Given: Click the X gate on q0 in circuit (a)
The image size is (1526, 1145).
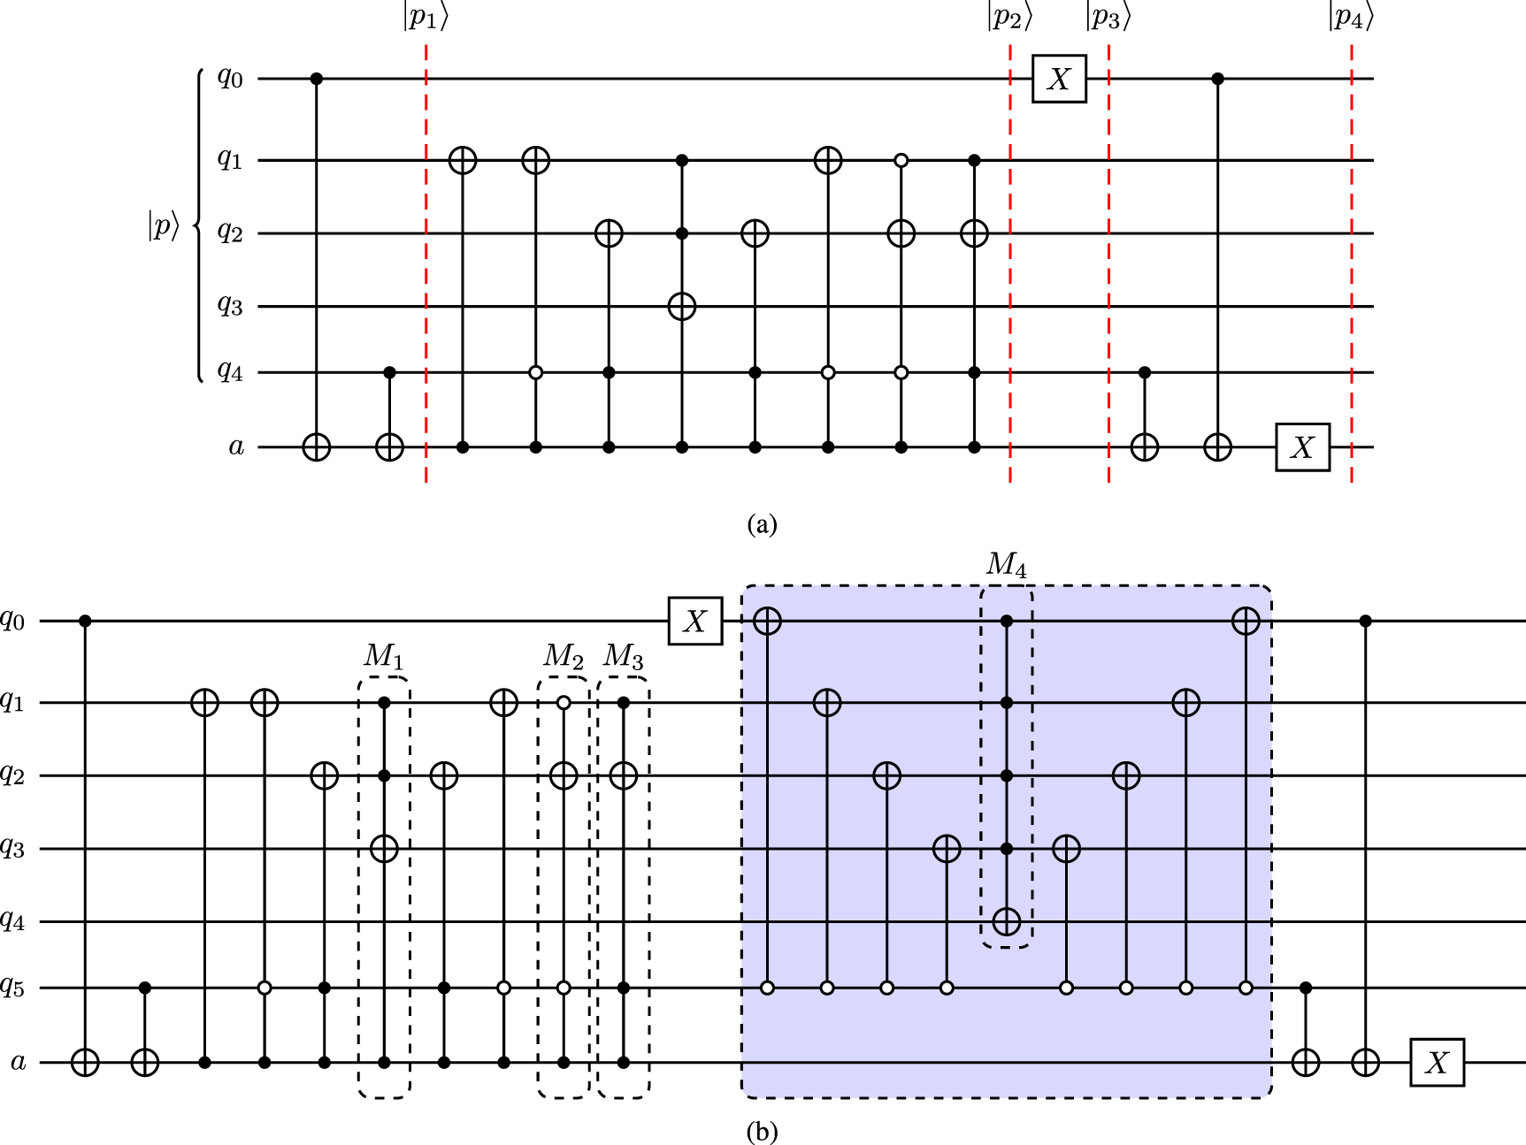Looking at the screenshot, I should [x=1059, y=79].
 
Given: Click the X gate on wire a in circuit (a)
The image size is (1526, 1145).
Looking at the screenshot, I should [x=1302, y=447].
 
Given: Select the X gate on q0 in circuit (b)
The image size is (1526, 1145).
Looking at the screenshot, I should [x=695, y=622].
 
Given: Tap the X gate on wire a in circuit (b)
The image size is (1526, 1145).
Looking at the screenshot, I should [x=1437, y=1062].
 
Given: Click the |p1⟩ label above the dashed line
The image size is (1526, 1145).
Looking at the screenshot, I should [x=426, y=18].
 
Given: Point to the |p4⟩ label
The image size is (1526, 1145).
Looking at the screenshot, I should [x=1351, y=18].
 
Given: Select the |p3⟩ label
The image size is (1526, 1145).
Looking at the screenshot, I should [x=1108, y=18].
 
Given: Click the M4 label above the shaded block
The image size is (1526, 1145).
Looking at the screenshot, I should [x=1007, y=564].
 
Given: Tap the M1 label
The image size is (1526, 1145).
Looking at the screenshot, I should [x=384, y=656].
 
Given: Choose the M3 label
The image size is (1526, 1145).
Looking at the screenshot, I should [x=624, y=656].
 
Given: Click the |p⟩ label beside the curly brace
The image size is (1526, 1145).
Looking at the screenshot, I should [x=164, y=227].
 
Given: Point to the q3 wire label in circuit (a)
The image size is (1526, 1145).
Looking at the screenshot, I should [x=230, y=306].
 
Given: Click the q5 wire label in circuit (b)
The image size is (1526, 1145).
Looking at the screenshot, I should [x=12, y=989].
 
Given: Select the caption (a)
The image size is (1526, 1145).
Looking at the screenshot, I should [x=762, y=524].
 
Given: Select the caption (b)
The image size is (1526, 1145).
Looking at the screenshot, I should [x=762, y=1131].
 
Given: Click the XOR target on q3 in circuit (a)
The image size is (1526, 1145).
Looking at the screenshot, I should [x=681, y=307].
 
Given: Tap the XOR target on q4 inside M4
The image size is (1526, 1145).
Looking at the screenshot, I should [x=1006, y=922].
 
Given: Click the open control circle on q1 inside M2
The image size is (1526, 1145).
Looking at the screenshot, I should [x=564, y=703].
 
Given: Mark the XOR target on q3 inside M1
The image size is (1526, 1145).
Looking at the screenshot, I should [x=384, y=849].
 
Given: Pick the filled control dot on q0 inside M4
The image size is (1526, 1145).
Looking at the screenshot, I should [x=1006, y=622].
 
